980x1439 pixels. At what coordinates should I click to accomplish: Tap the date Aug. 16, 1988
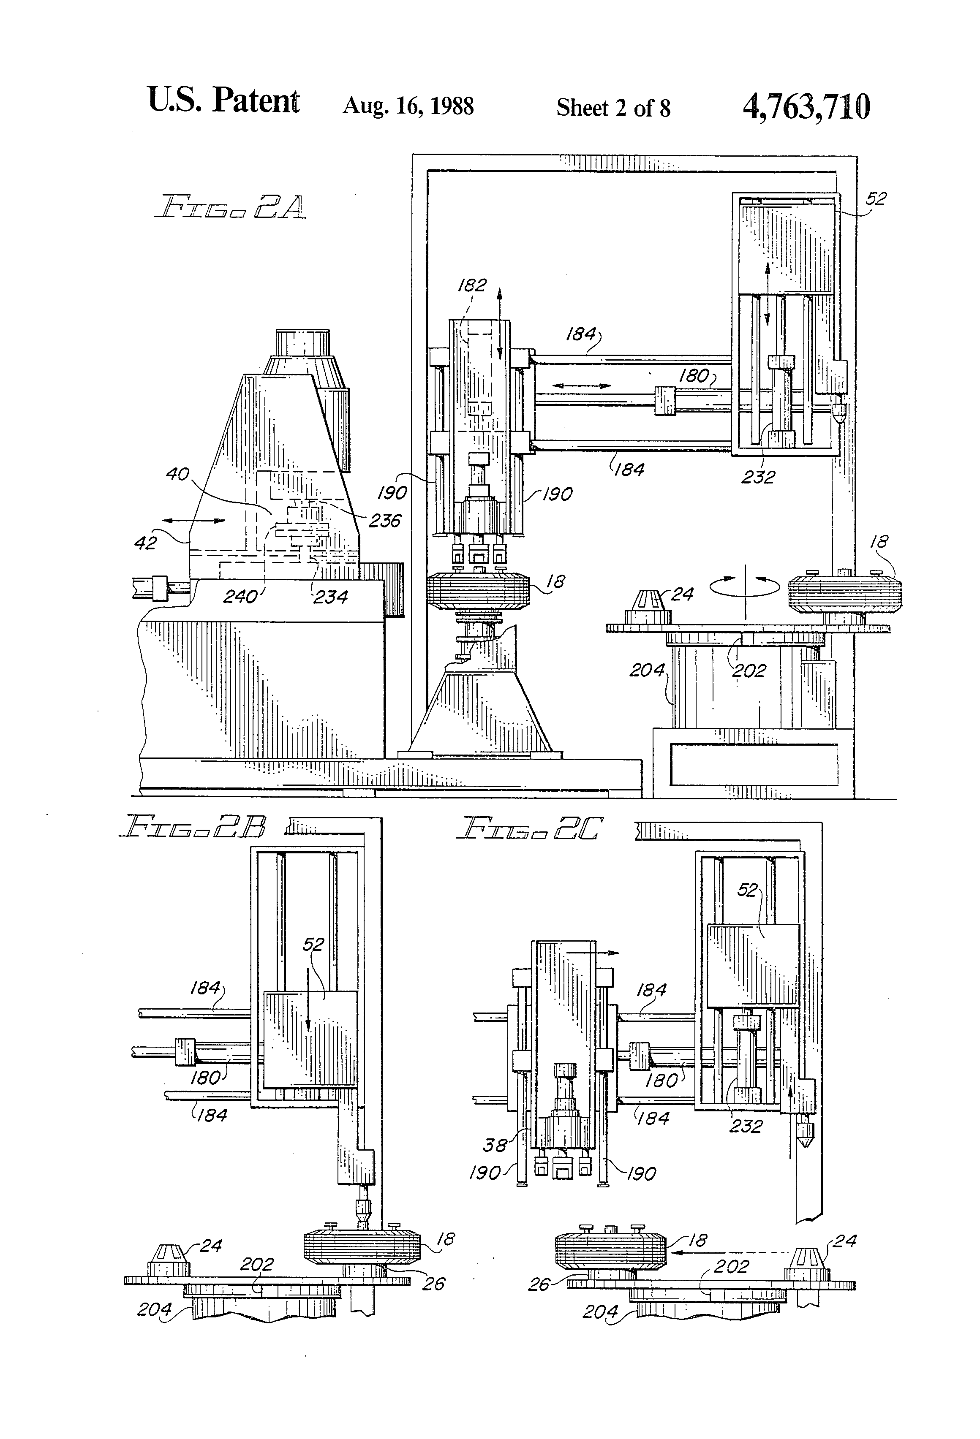pyautogui.click(x=408, y=106)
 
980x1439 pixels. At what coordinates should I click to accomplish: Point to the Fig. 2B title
pyautogui.click(x=193, y=827)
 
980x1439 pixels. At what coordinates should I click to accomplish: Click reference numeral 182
pyautogui.click(x=472, y=285)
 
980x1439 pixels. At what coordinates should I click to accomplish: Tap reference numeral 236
pyautogui.click(x=385, y=521)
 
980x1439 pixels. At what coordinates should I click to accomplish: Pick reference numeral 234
pyautogui.click(x=330, y=597)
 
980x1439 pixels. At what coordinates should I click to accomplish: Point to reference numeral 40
pyautogui.click(x=178, y=474)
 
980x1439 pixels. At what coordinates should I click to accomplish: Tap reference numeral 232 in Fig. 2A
pyautogui.click(x=758, y=477)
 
